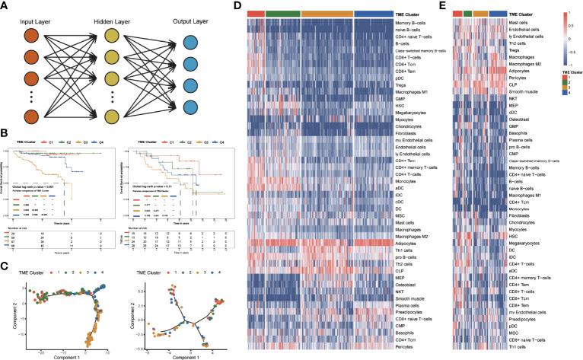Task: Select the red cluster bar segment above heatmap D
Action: point(256,14)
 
